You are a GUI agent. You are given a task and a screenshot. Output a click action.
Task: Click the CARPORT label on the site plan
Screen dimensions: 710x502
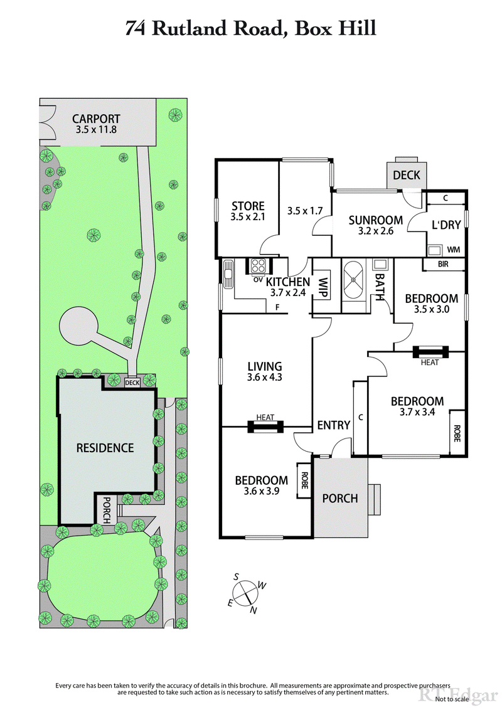[x=95, y=119]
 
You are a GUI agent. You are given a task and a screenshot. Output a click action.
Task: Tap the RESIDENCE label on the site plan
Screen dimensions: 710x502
[x=105, y=448]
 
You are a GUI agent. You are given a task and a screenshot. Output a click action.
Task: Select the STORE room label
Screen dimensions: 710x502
[x=248, y=206]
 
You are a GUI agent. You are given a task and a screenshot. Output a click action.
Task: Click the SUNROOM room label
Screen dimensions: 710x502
[x=375, y=220]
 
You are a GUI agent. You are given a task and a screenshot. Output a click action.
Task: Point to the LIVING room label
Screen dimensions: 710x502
[x=264, y=366]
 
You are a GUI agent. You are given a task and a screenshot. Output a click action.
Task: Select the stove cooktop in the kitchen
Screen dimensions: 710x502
[x=258, y=265]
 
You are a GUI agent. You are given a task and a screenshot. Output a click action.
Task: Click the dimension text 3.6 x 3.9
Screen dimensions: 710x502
[x=261, y=492]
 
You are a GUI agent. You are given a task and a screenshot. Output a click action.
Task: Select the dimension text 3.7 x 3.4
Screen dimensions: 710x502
[x=417, y=413]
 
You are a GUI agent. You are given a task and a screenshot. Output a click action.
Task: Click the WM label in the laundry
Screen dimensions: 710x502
[x=454, y=250]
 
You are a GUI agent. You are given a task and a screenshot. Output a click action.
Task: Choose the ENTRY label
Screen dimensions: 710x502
[x=333, y=425]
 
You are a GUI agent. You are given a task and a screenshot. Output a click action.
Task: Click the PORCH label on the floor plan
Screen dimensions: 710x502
[x=339, y=498]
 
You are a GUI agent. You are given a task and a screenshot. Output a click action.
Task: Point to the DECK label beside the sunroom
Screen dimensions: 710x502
[x=405, y=175]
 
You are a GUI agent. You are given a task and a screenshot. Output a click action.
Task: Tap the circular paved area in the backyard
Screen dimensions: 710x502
[x=78, y=327]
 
